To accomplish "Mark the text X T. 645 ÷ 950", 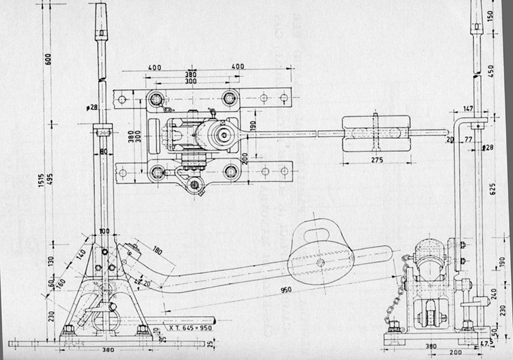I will pyautogui.click(x=192, y=327).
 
